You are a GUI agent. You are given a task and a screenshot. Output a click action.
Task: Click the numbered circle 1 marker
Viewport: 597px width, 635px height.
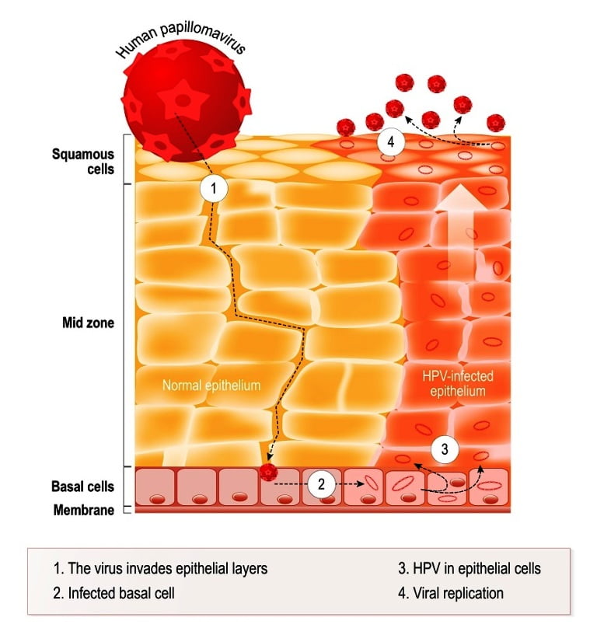coord(214,188)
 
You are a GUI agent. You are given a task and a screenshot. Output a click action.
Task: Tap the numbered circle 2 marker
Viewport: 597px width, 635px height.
coord(321,484)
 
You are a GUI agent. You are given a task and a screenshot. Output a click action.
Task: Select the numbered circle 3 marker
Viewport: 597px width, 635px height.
coord(445,449)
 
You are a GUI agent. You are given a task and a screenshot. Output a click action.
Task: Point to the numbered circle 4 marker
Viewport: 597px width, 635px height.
coord(390,141)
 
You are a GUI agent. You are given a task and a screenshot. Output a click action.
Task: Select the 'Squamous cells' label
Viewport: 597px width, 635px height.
coord(83,161)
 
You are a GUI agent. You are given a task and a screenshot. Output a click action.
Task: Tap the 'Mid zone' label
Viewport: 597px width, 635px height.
coord(88,323)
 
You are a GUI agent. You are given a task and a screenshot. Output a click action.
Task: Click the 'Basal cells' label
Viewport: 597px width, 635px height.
coord(82,487)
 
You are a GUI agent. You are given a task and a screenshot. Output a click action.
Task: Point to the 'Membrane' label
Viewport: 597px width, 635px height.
coord(84,510)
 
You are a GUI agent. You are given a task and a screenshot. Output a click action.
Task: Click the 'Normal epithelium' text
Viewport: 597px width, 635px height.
coord(211,385)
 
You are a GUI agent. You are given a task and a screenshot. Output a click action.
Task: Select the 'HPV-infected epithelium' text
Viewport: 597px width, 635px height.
coord(458,383)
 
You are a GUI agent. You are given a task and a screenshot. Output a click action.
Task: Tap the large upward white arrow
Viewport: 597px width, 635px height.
coord(460,235)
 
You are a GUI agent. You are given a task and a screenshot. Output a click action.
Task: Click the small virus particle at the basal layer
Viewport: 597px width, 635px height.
coord(268,472)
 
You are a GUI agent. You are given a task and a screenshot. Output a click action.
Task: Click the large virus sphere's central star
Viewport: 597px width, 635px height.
coord(182,99)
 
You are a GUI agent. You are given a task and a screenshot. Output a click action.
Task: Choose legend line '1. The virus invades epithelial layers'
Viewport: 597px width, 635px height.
coord(160,568)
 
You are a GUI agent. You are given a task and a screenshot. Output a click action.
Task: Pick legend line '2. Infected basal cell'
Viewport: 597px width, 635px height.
coord(113,593)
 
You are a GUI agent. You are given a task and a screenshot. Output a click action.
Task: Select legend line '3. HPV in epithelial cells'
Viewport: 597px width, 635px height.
coord(470,568)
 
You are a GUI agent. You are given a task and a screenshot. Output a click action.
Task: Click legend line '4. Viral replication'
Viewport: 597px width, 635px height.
coord(451,593)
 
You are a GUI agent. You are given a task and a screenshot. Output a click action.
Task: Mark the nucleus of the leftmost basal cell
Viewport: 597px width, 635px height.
coord(157,499)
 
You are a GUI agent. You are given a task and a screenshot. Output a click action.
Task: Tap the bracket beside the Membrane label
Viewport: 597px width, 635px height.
coord(127,510)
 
